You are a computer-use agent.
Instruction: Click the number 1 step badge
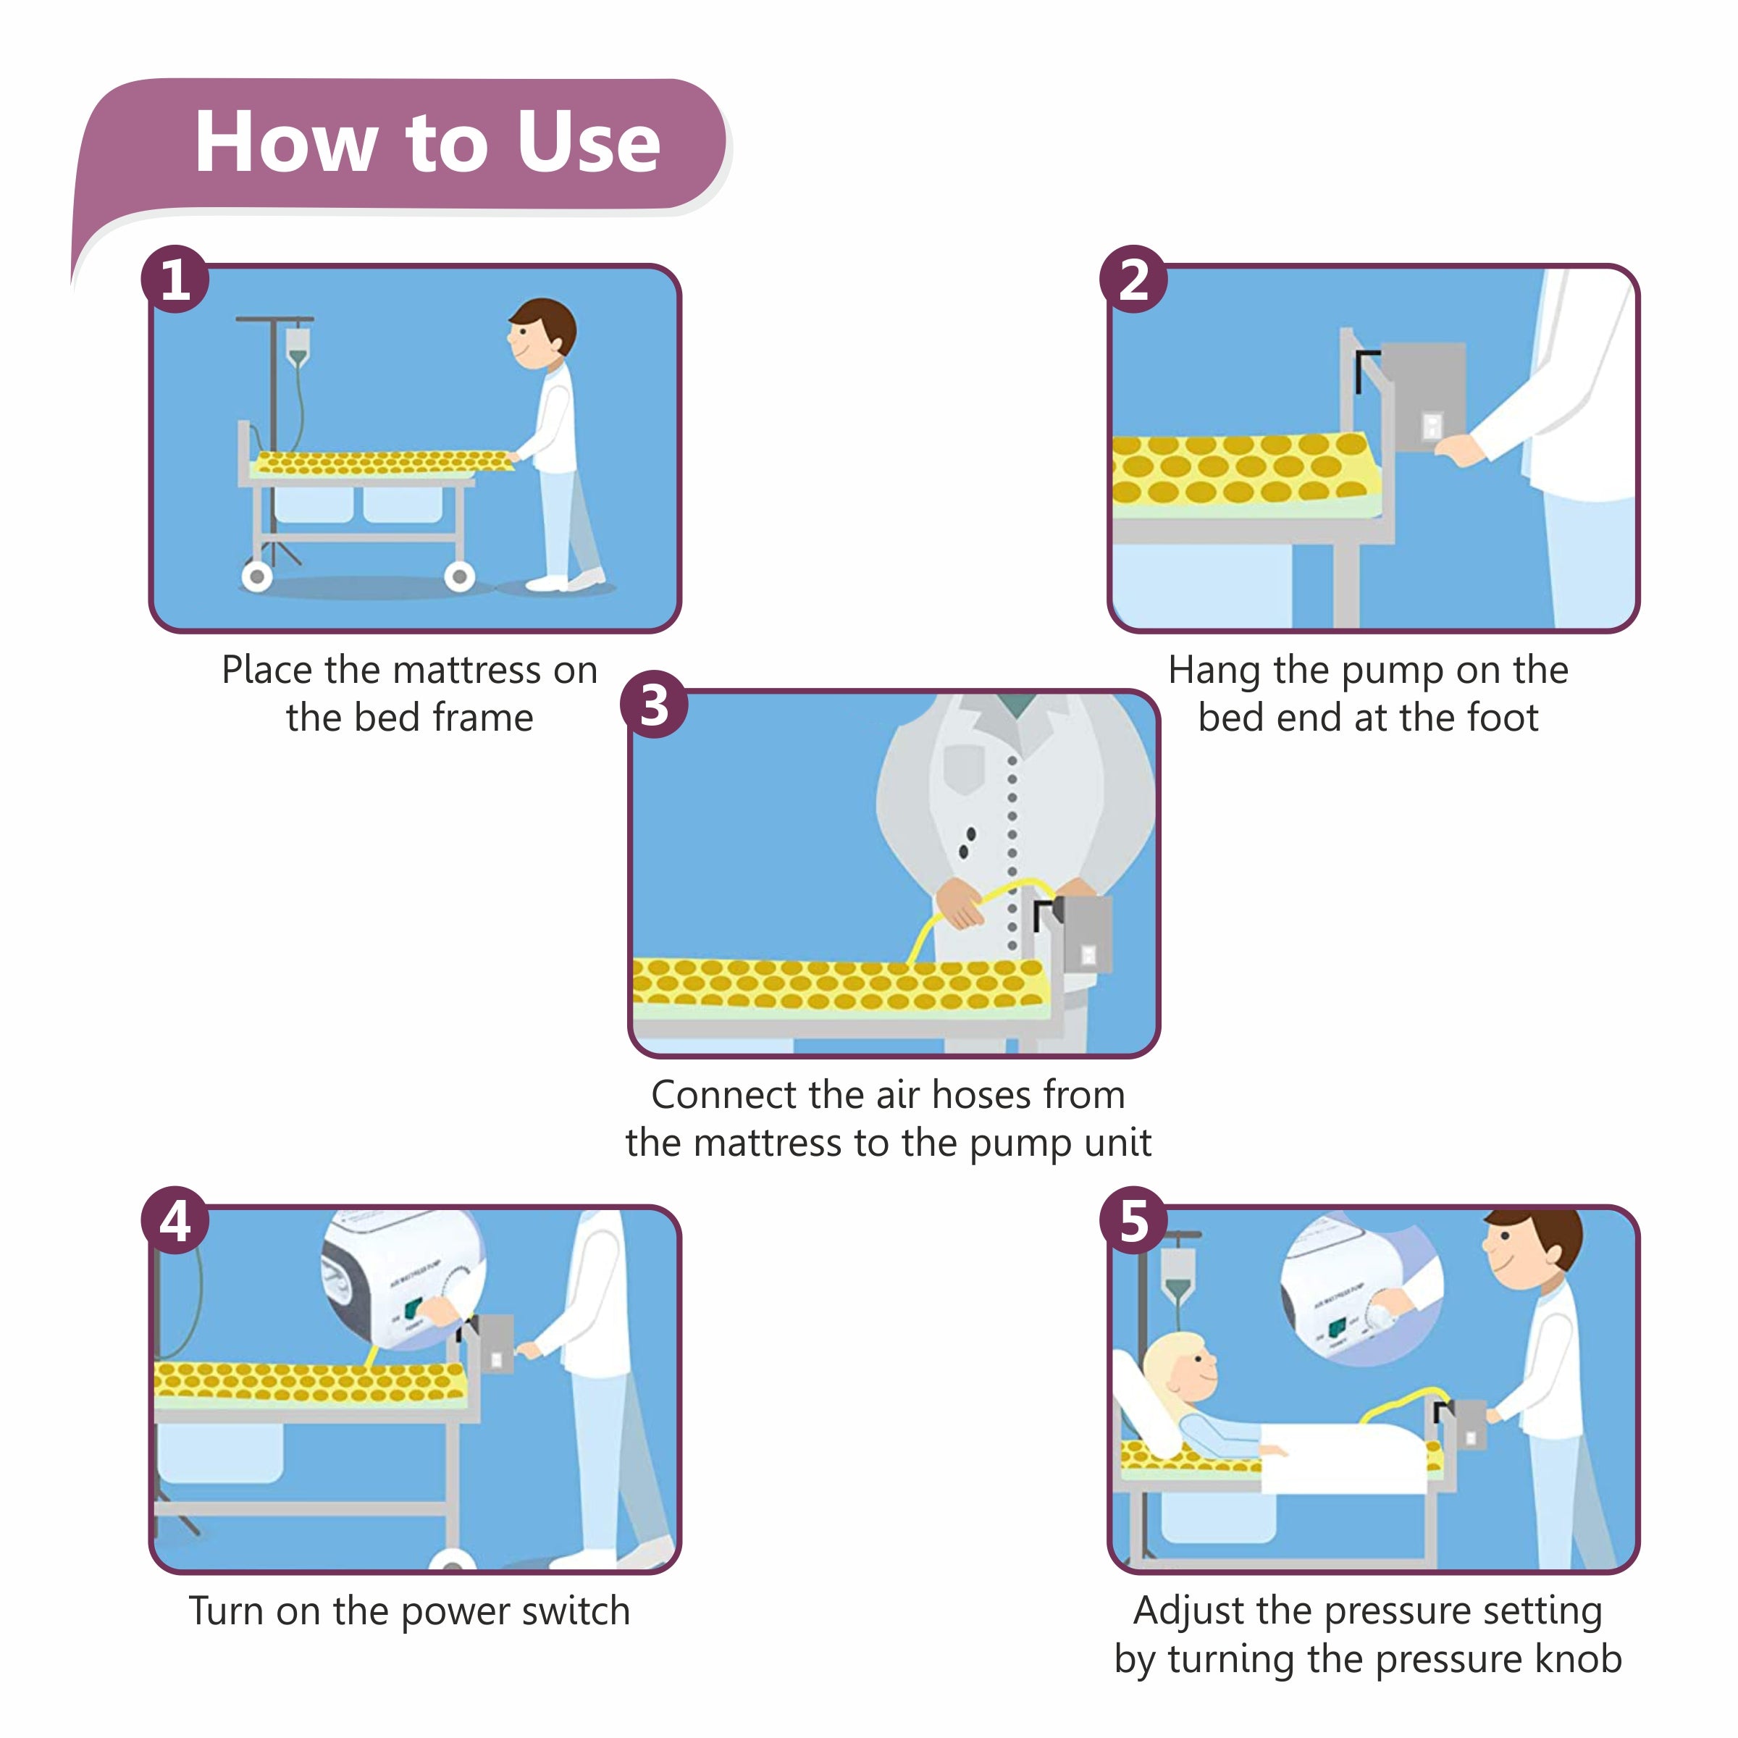click(x=175, y=279)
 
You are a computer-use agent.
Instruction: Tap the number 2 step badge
click(x=1133, y=279)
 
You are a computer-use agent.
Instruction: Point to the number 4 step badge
click(x=175, y=1221)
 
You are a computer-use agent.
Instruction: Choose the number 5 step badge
click(x=1133, y=1221)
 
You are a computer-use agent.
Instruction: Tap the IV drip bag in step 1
click(x=297, y=345)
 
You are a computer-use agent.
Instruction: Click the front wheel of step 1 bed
click(x=460, y=576)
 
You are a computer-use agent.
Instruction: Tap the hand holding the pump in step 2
click(x=1459, y=450)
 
